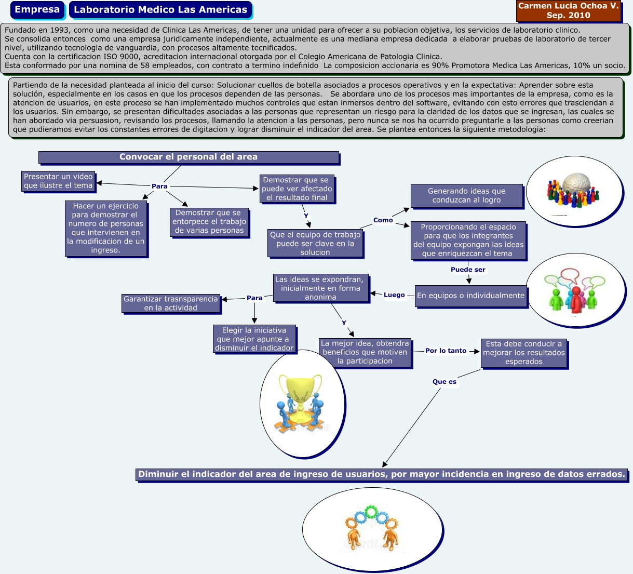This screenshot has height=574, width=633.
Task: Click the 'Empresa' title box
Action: [x=37, y=10]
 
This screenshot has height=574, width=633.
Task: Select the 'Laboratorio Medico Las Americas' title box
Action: [x=160, y=10]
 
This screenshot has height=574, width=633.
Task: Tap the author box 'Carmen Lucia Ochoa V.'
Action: [x=568, y=10]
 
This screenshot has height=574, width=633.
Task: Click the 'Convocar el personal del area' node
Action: [x=188, y=157]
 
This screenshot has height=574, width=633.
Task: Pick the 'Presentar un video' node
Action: [x=58, y=181]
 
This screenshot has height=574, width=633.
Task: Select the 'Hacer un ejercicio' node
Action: [x=106, y=228]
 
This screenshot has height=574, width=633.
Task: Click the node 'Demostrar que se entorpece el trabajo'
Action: [x=209, y=222]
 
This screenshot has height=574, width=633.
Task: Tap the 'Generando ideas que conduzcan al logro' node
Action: [x=466, y=195]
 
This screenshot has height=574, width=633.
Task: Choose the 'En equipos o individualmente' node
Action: [x=470, y=296]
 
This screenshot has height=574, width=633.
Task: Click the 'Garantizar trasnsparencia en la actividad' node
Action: [x=171, y=303]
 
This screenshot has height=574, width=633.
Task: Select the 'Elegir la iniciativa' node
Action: [x=254, y=339]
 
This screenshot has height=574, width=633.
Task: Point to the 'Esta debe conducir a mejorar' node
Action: [x=523, y=353]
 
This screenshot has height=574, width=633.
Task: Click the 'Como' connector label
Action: [x=383, y=220]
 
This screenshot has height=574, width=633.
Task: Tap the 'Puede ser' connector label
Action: [x=468, y=270]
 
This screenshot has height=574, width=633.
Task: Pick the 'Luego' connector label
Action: [x=394, y=295]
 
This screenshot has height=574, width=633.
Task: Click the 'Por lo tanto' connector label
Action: [x=446, y=351]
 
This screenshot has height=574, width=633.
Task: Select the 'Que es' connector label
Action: [x=445, y=382]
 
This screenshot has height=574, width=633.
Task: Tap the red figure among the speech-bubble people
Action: [x=575, y=298]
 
